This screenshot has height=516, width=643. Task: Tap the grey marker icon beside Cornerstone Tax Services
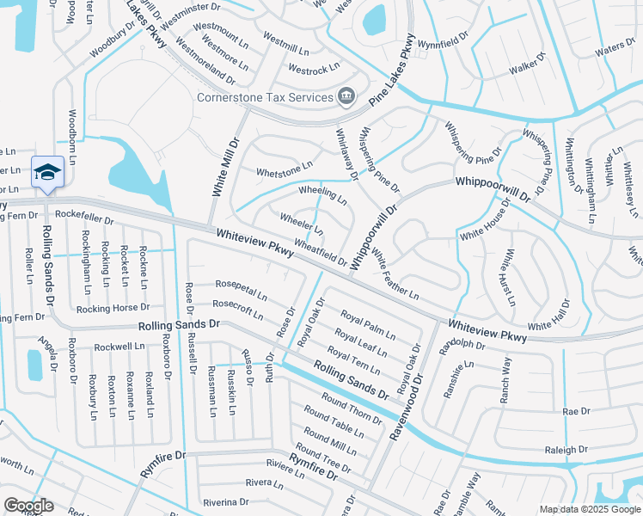click(346, 95)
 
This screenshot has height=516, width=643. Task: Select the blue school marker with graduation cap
click(47, 172)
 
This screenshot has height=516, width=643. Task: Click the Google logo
click(28, 506)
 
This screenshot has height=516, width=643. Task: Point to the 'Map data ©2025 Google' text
click(589, 509)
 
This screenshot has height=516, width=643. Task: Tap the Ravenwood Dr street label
click(407, 403)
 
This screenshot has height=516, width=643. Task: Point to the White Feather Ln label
click(395, 273)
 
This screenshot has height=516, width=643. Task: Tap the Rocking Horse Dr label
click(113, 308)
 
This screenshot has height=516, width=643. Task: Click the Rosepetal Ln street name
click(241, 289)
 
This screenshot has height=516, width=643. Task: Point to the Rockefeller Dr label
click(83, 220)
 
